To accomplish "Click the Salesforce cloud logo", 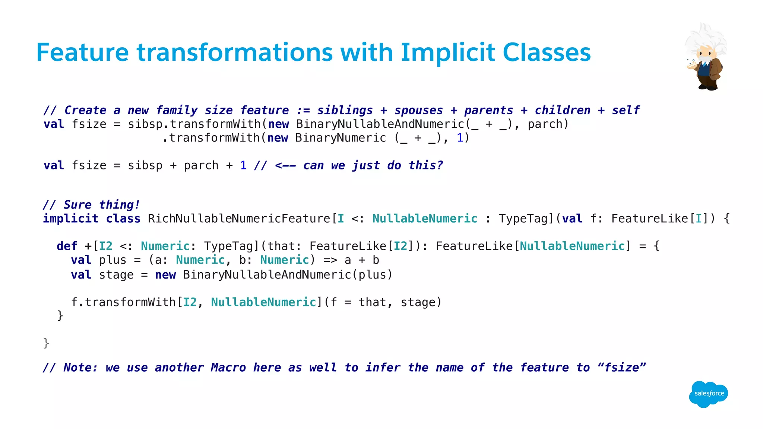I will pyautogui.click(x=708, y=394).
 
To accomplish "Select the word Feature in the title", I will pyautogui.click(x=82, y=53).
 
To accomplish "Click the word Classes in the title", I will pyautogui.click(x=547, y=53).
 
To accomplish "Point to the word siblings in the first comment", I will pyautogui.click(x=345, y=110).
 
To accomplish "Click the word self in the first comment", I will pyautogui.click(x=626, y=110).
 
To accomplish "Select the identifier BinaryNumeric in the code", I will pyautogui.click(x=341, y=138).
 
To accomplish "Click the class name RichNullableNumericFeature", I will pyautogui.click(x=239, y=219).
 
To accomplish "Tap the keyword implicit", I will pyautogui.click(x=71, y=219).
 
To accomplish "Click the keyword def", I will pyautogui.click(x=67, y=246).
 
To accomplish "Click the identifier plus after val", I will pyautogui.click(x=113, y=260).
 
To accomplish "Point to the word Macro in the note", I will pyautogui.click(x=228, y=368).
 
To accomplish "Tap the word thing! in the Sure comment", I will pyautogui.click(x=119, y=205).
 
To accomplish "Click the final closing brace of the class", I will pyautogui.click(x=46, y=343).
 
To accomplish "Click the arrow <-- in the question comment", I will pyautogui.click(x=285, y=165).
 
